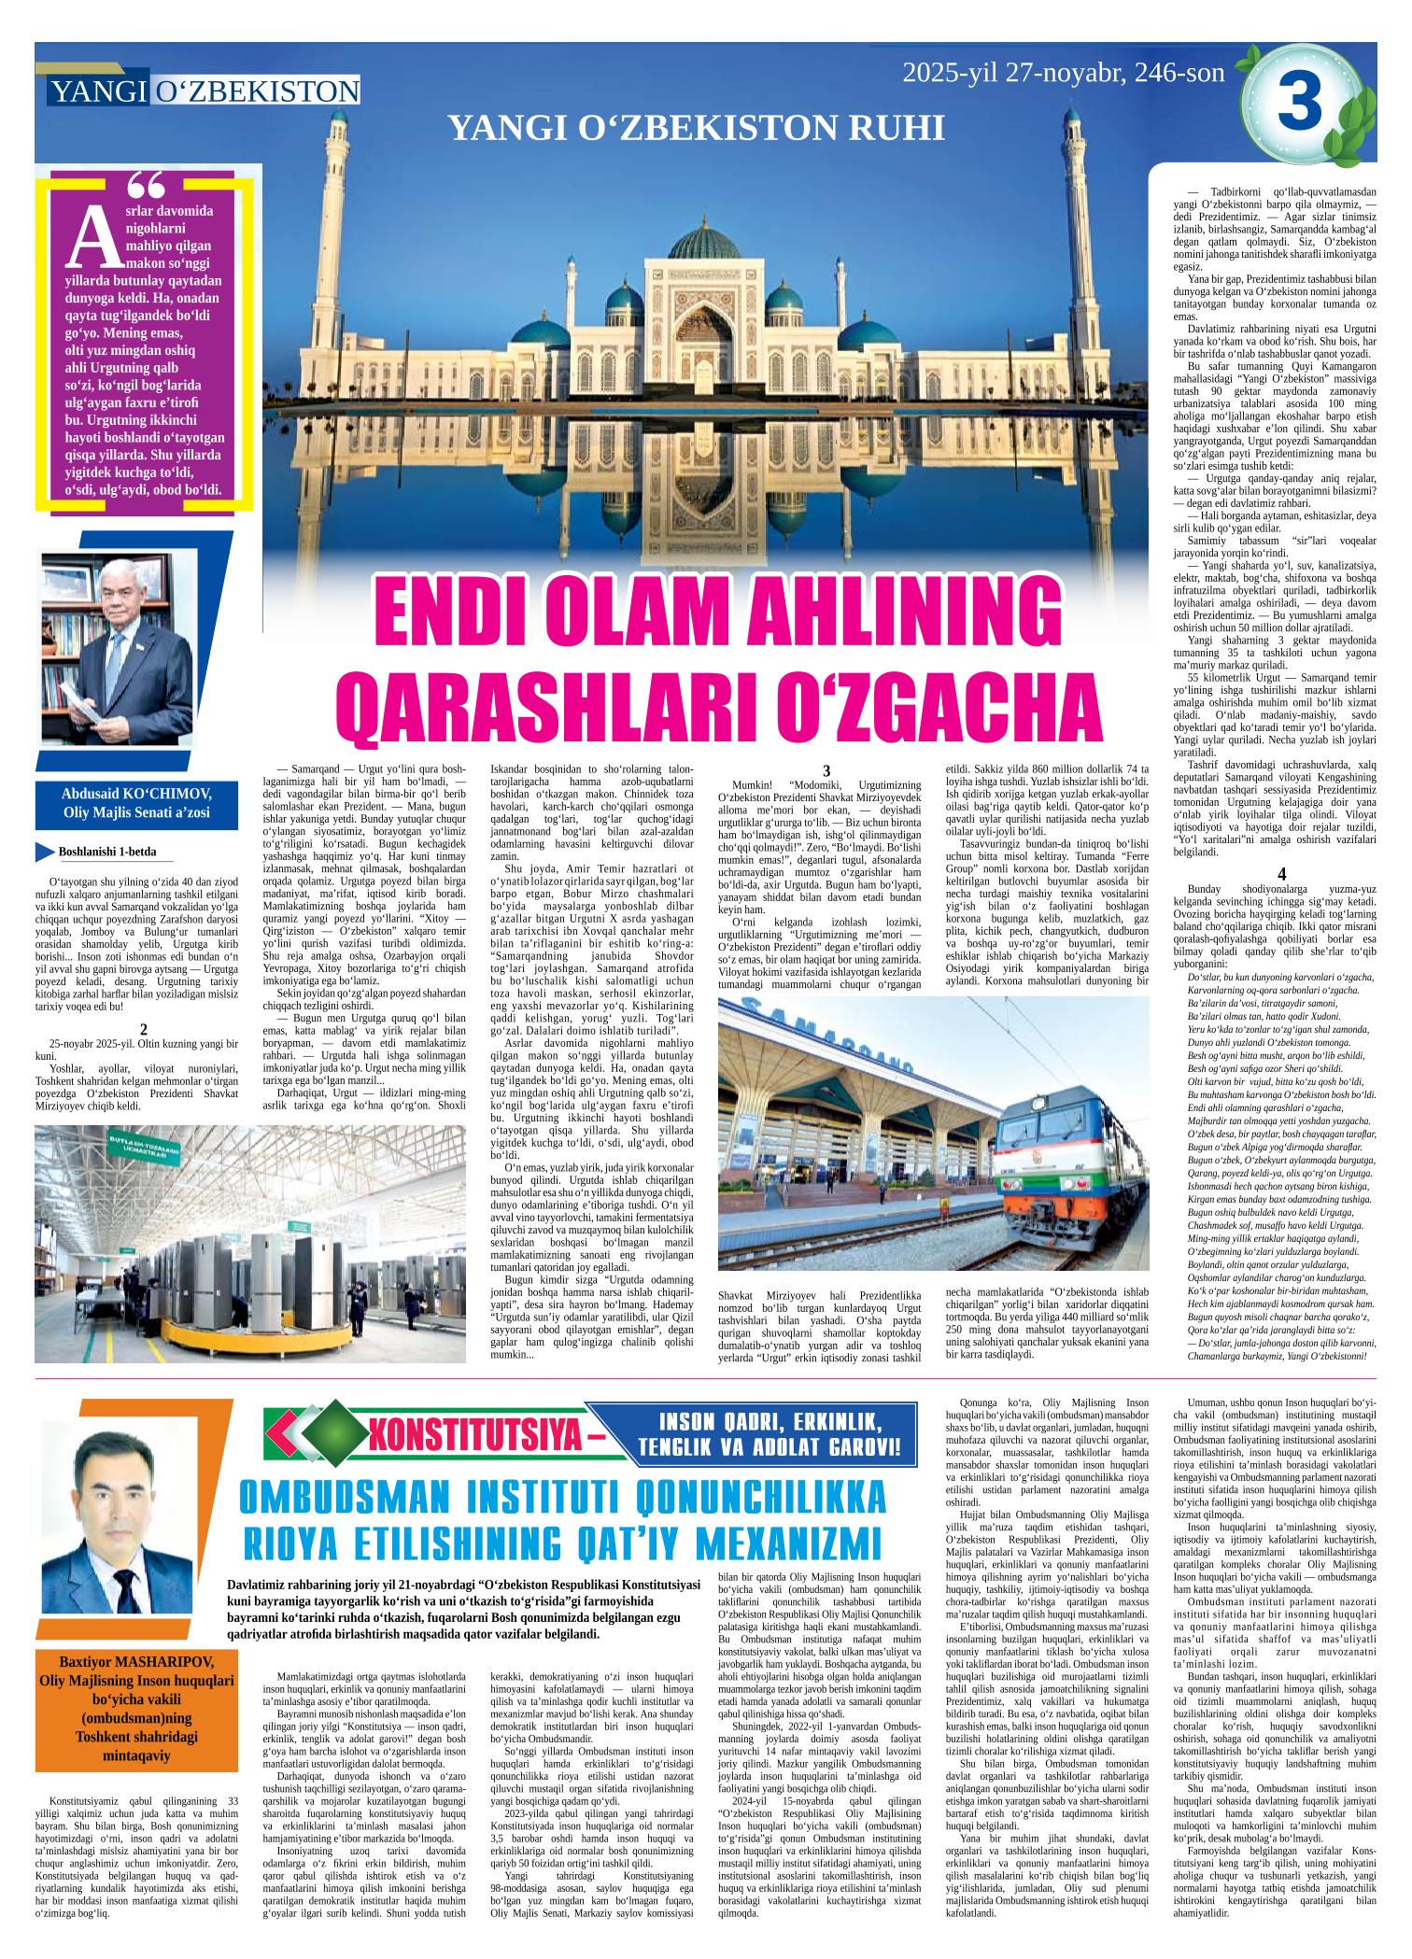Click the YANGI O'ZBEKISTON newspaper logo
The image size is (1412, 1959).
click(x=205, y=91)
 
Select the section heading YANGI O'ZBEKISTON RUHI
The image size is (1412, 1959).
click(x=697, y=129)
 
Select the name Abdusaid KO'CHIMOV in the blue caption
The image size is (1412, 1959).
click(x=135, y=794)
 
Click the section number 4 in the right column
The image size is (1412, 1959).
click(x=1282, y=874)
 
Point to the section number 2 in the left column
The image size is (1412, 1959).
click(x=144, y=1029)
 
